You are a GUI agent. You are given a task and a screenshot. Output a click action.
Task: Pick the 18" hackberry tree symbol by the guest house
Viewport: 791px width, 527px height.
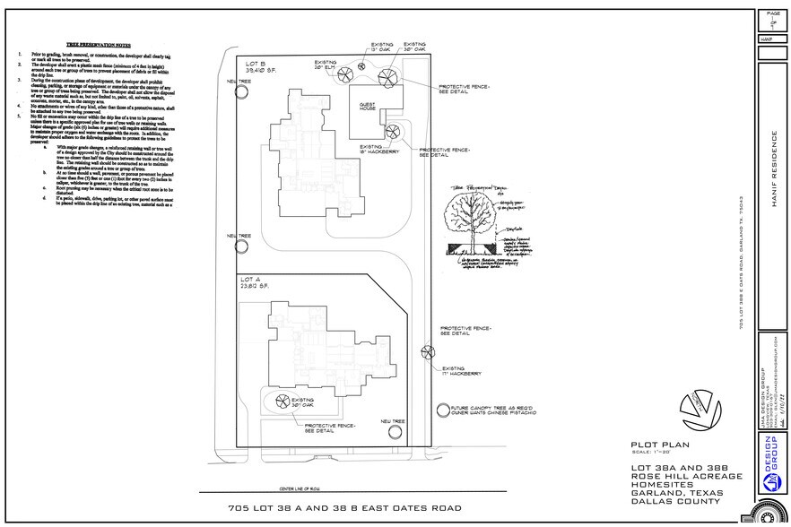click(x=392, y=134)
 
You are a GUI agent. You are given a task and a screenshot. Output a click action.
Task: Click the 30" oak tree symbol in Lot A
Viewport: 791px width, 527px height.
click(x=281, y=402)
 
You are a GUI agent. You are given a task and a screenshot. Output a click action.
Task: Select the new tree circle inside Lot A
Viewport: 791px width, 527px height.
click(x=394, y=432)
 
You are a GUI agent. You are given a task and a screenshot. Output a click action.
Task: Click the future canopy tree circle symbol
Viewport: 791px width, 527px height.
click(x=442, y=410)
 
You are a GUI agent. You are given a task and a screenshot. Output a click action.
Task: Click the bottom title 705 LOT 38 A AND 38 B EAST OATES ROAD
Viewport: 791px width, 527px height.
click(x=346, y=508)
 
